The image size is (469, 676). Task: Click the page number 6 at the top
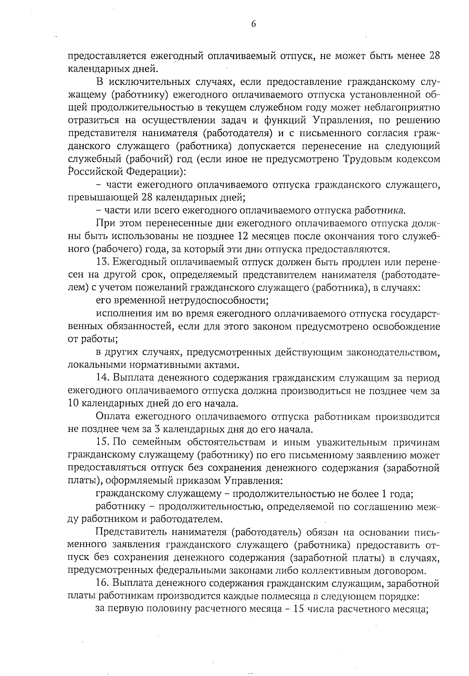coord(253,24)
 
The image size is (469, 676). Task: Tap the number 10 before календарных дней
coord(73,404)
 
